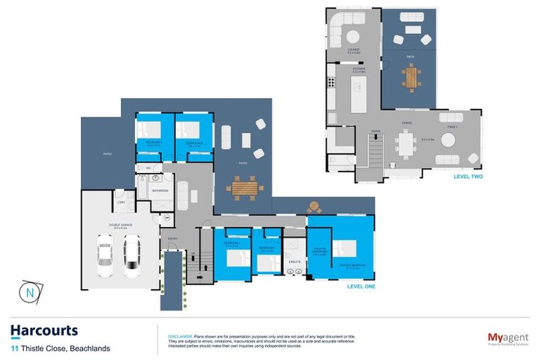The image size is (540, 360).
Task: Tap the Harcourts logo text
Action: point(44,330)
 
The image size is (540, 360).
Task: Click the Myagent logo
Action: point(508,338)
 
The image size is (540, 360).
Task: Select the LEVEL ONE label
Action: point(362,287)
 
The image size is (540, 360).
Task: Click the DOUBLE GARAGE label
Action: point(122,225)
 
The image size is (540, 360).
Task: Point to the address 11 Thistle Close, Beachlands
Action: point(60,347)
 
